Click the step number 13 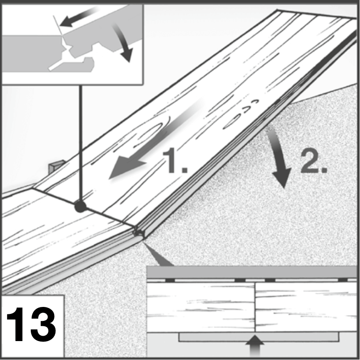click(x=31, y=324)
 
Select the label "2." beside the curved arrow click(x=314, y=161)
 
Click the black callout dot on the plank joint click(x=81, y=207)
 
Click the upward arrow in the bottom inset click(x=255, y=346)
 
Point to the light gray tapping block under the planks click(x=258, y=337)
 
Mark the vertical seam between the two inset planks click(x=255, y=307)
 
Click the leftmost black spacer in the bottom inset click(x=170, y=280)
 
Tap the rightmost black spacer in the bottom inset click(x=343, y=280)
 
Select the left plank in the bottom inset click(x=201, y=307)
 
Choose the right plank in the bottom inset click(x=306, y=307)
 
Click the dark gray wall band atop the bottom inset click(x=252, y=272)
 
